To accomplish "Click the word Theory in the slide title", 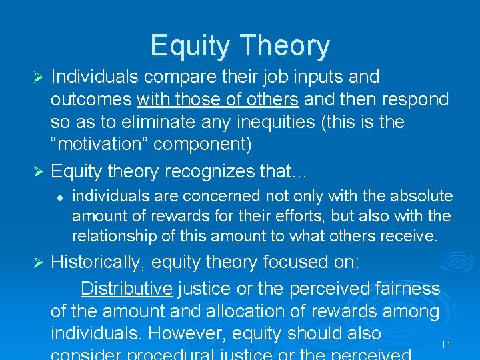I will pos(287,46).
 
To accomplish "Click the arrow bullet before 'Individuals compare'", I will pos(38,77).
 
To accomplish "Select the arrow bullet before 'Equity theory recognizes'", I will pos(38,171).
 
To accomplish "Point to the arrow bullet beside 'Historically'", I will pos(38,262).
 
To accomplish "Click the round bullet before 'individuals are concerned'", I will pos(59,197).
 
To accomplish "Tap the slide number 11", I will pos(446,345).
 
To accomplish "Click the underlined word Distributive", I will pos(126,289).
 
